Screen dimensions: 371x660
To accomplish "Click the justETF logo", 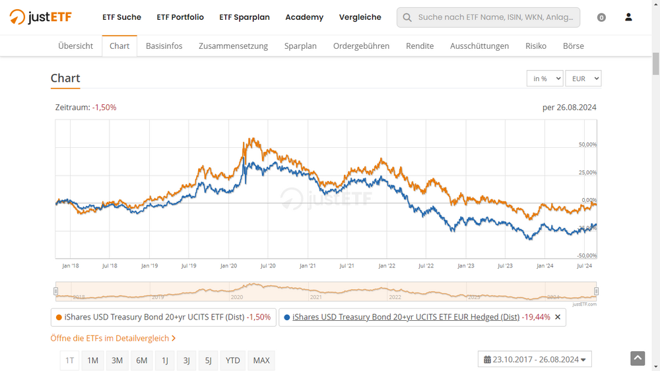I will click(x=41, y=17).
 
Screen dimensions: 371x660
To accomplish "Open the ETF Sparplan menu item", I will click(x=244, y=17).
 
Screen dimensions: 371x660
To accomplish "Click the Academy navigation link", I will click(x=304, y=17).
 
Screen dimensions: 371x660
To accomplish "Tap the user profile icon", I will click(x=628, y=17).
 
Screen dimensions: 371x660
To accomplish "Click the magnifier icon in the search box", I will click(x=407, y=18).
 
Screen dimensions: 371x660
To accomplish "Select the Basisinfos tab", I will click(x=164, y=46).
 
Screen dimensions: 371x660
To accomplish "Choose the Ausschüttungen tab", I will click(x=479, y=46).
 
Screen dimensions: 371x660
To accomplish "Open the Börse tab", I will click(x=573, y=46).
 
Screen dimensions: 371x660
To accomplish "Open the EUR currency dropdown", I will click(x=583, y=79).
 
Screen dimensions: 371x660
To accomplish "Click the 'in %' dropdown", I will click(x=544, y=79).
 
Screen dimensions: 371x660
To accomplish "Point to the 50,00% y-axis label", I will click(x=587, y=145).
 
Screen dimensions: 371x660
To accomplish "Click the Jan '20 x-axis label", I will click(x=228, y=266).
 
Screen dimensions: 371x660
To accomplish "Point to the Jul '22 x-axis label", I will click(x=426, y=266).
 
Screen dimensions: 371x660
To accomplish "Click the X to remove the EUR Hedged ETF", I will click(x=558, y=318).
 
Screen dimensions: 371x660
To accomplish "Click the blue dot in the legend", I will click(x=287, y=318).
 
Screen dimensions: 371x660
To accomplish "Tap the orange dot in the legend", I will click(x=59, y=318).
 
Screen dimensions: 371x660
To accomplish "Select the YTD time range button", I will click(x=232, y=360).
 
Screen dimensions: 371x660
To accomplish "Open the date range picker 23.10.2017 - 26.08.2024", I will click(x=535, y=360).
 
